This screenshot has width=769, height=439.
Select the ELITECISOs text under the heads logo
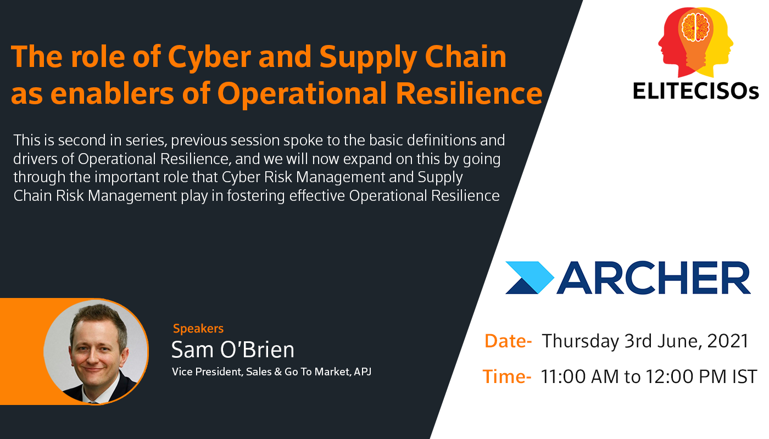tap(695, 91)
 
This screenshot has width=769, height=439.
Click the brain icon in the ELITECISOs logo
tap(695, 27)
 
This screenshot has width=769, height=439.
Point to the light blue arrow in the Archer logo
tap(530, 278)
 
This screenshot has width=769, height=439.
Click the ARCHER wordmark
tap(653, 278)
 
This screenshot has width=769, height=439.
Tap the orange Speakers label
tap(198, 329)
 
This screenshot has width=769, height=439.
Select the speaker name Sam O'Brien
tap(233, 350)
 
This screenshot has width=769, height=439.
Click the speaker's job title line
tap(271, 372)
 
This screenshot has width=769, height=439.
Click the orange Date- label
tap(508, 341)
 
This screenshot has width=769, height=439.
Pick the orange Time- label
tap(507, 376)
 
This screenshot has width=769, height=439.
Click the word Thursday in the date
tap(580, 342)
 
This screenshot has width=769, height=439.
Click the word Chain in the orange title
tap(466, 57)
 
